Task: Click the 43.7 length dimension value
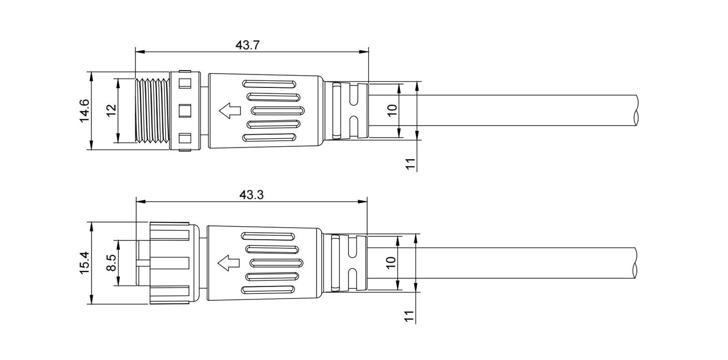[248, 45]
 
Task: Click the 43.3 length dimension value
[252, 195]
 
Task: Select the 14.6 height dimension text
[85, 111]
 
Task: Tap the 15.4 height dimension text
[85, 263]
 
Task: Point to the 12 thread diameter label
[111, 111]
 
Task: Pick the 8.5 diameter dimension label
[111, 263]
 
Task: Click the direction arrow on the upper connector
[230, 111]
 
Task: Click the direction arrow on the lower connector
[228, 263]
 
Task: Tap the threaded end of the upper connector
[152, 111]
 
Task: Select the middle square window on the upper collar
[185, 111]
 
